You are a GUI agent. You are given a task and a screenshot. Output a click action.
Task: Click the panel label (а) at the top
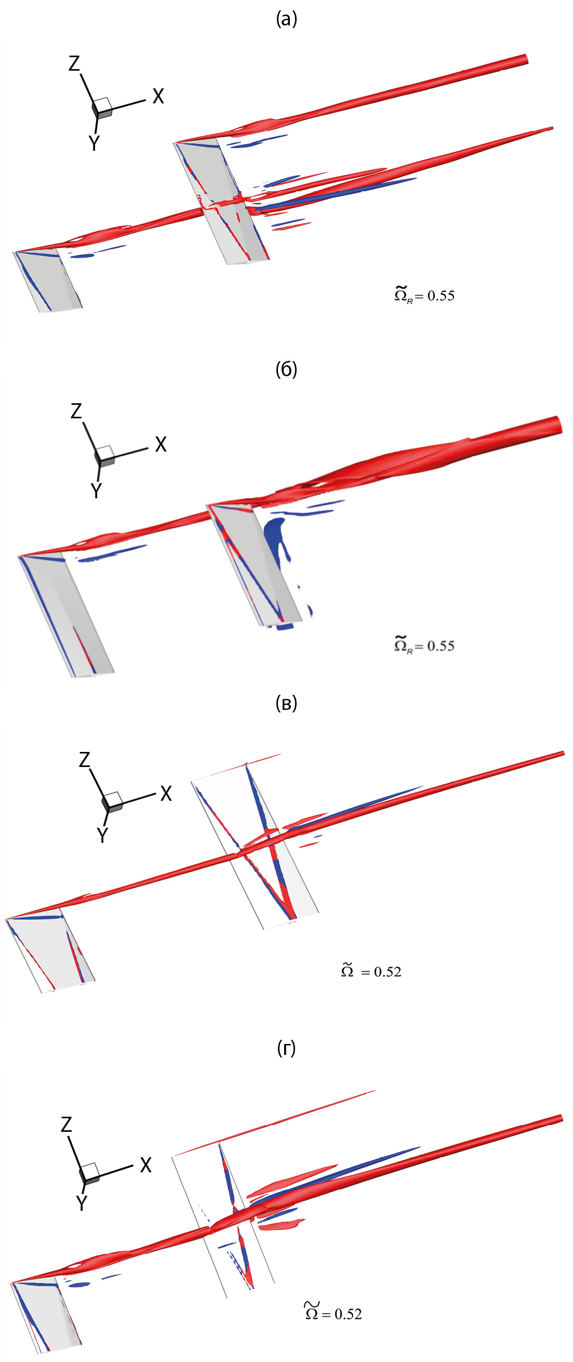pos(287,20)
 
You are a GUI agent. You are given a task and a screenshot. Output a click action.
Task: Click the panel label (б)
pos(287,369)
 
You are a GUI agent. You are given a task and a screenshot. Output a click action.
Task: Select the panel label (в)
pos(287,703)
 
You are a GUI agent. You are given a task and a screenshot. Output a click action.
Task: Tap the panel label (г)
pos(287,1048)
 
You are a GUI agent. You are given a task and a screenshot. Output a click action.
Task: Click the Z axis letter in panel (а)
pos(74,63)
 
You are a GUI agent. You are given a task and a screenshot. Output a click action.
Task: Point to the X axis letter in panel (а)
pos(158,96)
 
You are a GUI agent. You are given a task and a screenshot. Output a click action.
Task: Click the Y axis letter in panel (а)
pos(94,143)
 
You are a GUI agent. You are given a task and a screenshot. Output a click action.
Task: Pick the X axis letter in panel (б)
pos(161,444)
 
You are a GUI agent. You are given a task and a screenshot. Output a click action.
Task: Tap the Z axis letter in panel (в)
pos(85,760)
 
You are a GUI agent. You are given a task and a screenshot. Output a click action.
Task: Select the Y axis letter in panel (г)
pos(82,1203)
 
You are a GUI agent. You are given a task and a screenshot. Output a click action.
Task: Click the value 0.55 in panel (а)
pos(441,296)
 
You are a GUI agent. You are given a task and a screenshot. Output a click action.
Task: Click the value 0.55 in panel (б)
pos(441,645)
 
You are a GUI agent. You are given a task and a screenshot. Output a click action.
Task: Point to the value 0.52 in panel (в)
pos(388,972)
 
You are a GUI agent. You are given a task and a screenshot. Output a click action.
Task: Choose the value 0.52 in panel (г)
pos(349,1314)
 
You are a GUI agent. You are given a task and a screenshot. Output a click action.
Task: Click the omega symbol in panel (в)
pos(347,970)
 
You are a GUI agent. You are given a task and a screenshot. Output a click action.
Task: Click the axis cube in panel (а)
pos(102,108)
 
